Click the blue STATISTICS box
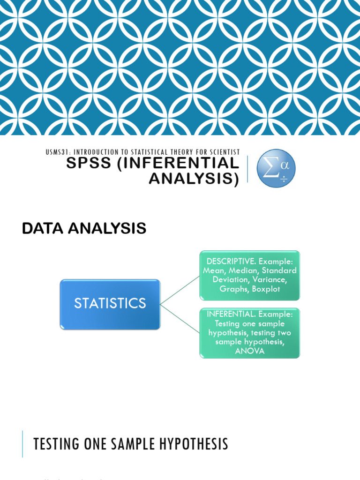[110, 304]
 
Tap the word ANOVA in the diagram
[250, 351]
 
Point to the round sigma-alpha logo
[276, 168]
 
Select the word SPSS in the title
[89, 163]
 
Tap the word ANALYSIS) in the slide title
[194, 178]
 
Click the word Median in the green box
[243, 270]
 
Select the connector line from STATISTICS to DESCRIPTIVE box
[180, 290]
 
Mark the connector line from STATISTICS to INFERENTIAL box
[180, 319]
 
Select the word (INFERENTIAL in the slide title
[179, 163]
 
